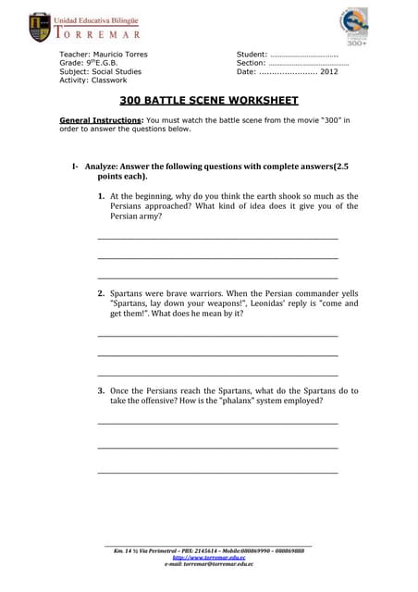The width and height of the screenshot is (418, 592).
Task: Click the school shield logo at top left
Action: click(40, 27)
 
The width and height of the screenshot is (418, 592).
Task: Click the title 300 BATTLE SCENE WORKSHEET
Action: click(209, 100)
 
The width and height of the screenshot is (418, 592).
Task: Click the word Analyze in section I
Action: click(103, 166)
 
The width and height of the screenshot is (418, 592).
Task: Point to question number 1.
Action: click(101, 197)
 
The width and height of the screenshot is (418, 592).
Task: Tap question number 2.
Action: click(101, 293)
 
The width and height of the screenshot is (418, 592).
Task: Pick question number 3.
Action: click(101, 391)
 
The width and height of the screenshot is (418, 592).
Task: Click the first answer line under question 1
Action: click(217, 239)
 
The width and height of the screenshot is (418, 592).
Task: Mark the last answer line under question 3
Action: click(217, 473)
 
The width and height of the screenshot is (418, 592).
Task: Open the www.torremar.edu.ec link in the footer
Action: click(209, 558)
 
